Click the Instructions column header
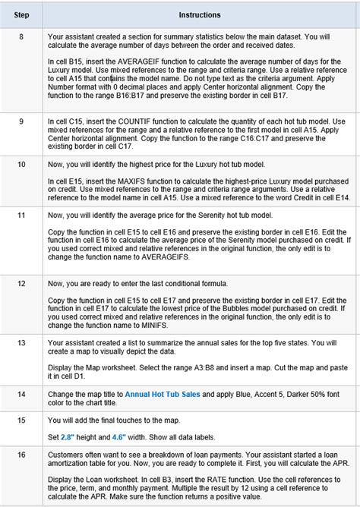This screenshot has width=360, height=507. coord(200,14)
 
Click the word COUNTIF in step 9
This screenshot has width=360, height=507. coord(120,121)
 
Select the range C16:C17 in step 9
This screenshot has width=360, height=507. coord(261,140)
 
